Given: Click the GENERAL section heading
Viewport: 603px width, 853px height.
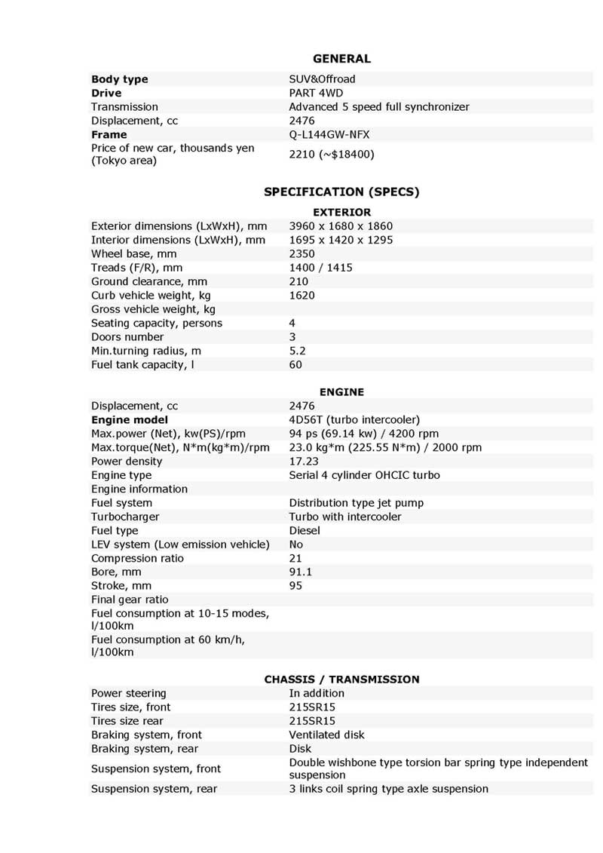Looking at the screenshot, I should click(341, 59).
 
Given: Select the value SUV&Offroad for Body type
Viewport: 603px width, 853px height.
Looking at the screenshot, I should click(322, 79).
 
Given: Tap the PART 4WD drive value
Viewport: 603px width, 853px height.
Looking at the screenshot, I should click(316, 93).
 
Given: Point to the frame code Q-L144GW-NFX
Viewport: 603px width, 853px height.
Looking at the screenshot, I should click(329, 134).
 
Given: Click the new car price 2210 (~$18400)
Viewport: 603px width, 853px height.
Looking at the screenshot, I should click(332, 155).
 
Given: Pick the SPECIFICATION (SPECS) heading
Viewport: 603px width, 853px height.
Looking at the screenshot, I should click(341, 192).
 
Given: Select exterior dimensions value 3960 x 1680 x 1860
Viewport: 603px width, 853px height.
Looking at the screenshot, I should click(341, 226).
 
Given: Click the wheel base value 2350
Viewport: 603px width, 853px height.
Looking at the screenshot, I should click(301, 254).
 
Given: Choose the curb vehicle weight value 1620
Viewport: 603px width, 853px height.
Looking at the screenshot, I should click(301, 296).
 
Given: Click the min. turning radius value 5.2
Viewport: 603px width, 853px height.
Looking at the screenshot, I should click(297, 351).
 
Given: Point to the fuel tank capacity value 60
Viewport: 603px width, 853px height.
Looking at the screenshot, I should click(295, 365).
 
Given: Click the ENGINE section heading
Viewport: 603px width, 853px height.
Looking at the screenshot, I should click(341, 392).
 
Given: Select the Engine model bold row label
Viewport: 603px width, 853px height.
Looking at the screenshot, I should click(130, 420).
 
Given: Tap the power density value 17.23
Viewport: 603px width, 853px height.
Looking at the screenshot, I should click(305, 462).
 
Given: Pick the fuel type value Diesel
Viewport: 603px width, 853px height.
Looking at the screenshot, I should click(305, 531).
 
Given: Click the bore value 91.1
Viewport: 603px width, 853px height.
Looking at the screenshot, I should click(300, 572).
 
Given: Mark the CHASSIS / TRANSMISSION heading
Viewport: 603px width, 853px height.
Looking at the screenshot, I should click(341, 680).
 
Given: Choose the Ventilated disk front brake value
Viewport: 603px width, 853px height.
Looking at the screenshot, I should click(326, 735).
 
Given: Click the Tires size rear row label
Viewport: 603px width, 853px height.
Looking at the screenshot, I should click(127, 721).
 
